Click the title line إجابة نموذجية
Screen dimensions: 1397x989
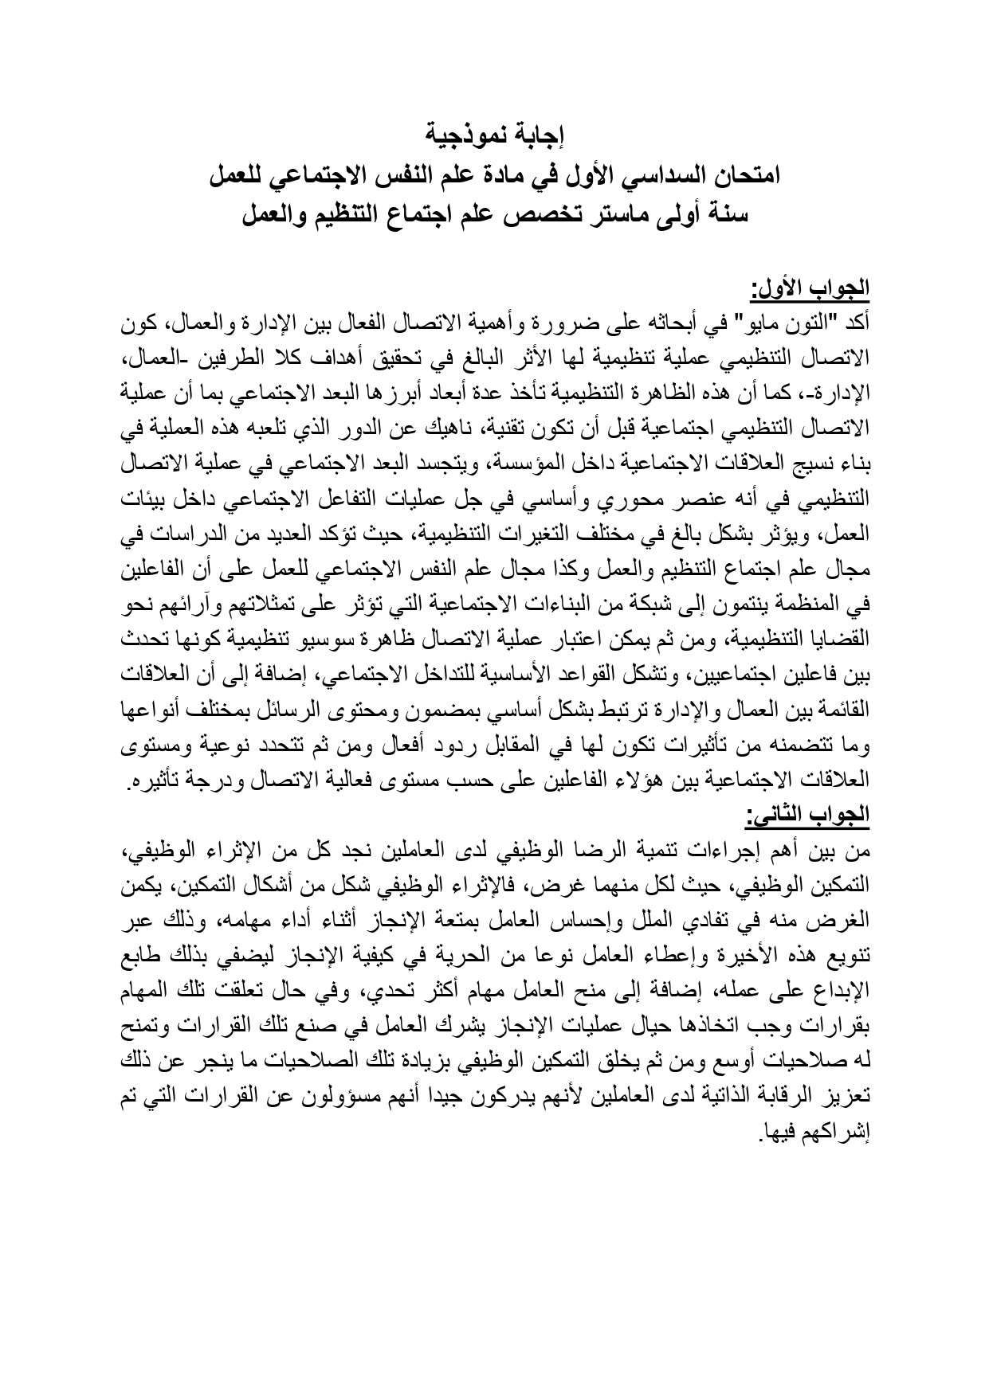(x=494, y=133)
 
